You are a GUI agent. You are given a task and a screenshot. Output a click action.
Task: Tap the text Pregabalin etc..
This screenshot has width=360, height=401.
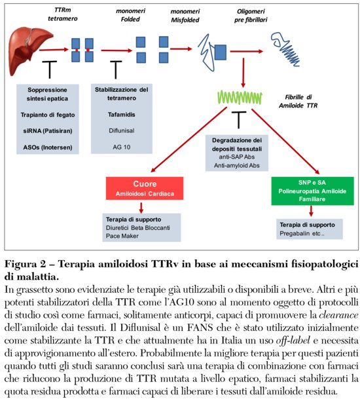(297, 233)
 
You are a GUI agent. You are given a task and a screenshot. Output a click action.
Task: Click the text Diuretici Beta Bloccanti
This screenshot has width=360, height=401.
(140, 228)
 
